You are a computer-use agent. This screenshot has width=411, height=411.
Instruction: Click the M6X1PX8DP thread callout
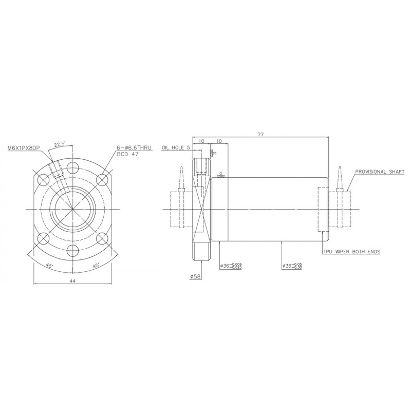24,148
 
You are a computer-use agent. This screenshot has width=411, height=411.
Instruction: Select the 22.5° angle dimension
60,144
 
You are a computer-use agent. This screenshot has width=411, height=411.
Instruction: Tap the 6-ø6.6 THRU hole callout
134,148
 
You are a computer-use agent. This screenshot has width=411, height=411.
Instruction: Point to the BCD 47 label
127,154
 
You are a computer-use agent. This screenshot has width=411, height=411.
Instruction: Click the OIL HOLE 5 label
175,147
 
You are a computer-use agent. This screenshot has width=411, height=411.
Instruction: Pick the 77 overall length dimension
260,134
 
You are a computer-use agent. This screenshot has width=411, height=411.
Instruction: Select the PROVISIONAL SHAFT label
380,172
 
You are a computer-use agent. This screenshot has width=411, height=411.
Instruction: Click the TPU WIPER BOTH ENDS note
351,252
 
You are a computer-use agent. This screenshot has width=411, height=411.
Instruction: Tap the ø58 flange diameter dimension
196,276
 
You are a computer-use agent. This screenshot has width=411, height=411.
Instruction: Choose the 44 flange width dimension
73,281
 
